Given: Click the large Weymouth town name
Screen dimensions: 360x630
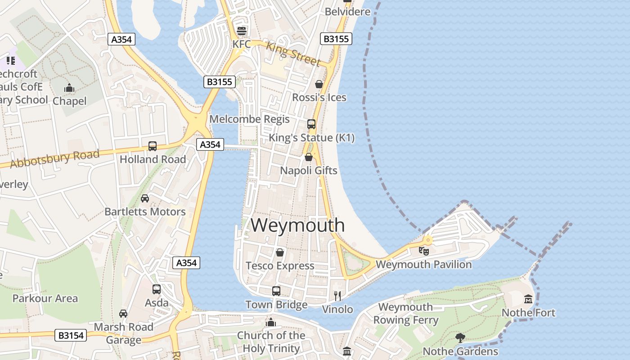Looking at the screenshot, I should [x=298, y=225].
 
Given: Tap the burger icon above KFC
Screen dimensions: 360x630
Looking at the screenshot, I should [x=242, y=31].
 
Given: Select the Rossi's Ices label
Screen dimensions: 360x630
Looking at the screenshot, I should [x=319, y=97].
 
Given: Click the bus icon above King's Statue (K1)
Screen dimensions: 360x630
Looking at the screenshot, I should [x=311, y=124].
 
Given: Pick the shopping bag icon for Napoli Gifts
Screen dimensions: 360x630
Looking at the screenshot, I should [x=309, y=157].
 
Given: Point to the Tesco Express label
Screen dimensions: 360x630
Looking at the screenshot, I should [x=280, y=265].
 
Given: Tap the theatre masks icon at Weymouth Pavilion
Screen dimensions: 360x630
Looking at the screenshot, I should [x=423, y=251].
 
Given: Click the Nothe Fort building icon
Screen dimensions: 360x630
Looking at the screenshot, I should [x=528, y=299].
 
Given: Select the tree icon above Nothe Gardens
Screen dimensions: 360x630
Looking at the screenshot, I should [x=460, y=337].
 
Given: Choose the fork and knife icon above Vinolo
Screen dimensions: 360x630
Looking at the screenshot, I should [x=337, y=296].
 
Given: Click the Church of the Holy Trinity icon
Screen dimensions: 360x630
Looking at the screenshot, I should [x=271, y=322].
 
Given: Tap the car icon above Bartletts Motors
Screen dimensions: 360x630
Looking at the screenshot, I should [x=145, y=198].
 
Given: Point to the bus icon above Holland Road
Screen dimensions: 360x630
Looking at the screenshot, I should [x=153, y=146].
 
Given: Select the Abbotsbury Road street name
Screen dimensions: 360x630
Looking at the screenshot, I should [x=54, y=159].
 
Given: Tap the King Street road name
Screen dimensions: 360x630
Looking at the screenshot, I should [x=293, y=54].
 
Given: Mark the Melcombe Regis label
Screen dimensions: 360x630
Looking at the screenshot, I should [x=250, y=119].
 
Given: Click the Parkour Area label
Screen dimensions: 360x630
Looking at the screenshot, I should [x=45, y=298].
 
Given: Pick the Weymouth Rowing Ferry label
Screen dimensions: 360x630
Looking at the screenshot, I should [x=406, y=314].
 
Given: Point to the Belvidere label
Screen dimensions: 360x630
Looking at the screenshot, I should [x=347, y=11].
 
